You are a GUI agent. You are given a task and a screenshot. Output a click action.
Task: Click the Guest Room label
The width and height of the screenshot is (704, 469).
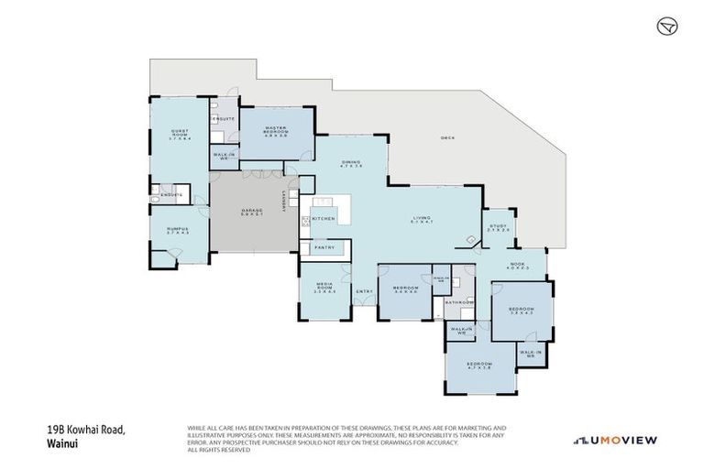click(x=179, y=134)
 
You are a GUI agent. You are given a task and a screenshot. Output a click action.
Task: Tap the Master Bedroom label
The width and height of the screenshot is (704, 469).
click(x=277, y=130)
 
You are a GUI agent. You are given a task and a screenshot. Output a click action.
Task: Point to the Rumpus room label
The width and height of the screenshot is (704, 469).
click(x=177, y=231)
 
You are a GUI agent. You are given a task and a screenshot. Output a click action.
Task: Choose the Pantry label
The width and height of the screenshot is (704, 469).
click(x=325, y=247)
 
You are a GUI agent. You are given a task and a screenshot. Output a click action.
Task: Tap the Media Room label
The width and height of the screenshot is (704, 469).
click(x=324, y=289)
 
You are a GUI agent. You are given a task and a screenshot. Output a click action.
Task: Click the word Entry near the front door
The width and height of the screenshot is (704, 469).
click(x=364, y=292)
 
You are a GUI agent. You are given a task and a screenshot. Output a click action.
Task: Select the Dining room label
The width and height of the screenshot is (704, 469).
click(x=352, y=164)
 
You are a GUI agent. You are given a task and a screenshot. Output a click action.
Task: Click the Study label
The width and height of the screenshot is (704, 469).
click(x=498, y=227)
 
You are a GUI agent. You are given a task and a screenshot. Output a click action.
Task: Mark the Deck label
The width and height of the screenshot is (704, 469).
click(x=447, y=138)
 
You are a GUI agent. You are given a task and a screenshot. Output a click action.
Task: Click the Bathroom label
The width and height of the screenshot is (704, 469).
click(x=458, y=302)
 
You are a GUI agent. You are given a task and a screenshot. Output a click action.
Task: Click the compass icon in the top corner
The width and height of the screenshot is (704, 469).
click(x=667, y=27)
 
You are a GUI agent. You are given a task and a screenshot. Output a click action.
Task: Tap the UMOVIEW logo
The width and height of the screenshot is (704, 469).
click(x=615, y=441)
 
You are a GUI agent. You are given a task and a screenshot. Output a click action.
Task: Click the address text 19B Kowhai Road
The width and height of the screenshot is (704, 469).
click(x=85, y=429)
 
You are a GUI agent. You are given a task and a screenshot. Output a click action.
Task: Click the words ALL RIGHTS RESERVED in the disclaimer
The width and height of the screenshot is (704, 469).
click(x=218, y=450)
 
